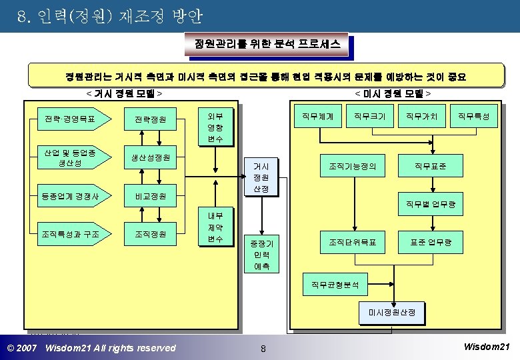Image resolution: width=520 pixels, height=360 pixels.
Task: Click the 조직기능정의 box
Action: pyautogui.click(x=353, y=166)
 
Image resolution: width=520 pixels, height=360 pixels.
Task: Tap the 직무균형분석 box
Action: pyautogui.click(x=335, y=285)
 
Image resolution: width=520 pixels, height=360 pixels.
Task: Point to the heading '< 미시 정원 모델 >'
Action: pyautogui.click(x=393, y=94)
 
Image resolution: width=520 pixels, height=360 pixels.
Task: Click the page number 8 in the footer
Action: pyautogui.click(x=263, y=348)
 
